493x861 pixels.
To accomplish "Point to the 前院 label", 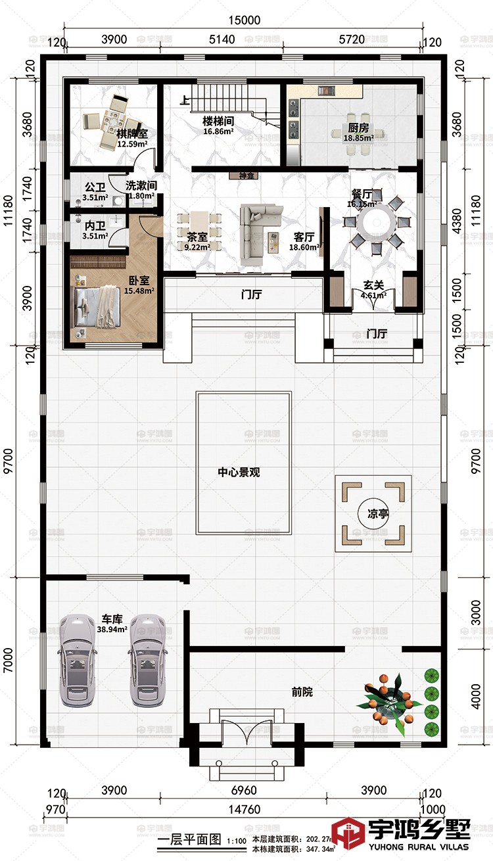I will point(302,691).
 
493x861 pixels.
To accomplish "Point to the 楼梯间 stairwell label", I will point(218,122).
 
